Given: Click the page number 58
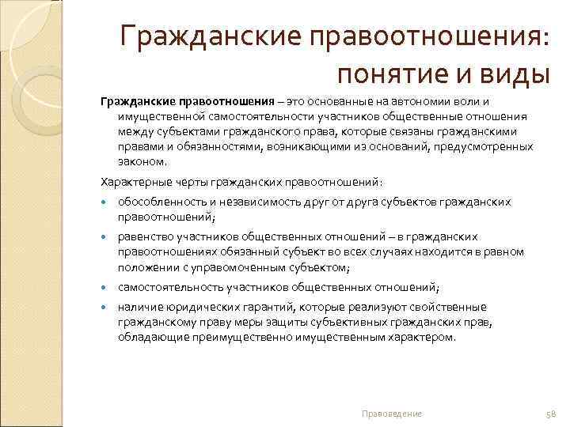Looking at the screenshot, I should (552, 413).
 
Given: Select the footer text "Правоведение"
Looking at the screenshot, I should (391, 413).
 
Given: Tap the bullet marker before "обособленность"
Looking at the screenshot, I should (104, 202).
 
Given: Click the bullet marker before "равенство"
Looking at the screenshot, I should (104, 236).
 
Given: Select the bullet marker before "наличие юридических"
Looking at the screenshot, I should (104, 307).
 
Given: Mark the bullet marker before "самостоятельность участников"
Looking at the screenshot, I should (104, 287).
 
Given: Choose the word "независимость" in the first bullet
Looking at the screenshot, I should (247, 202).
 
